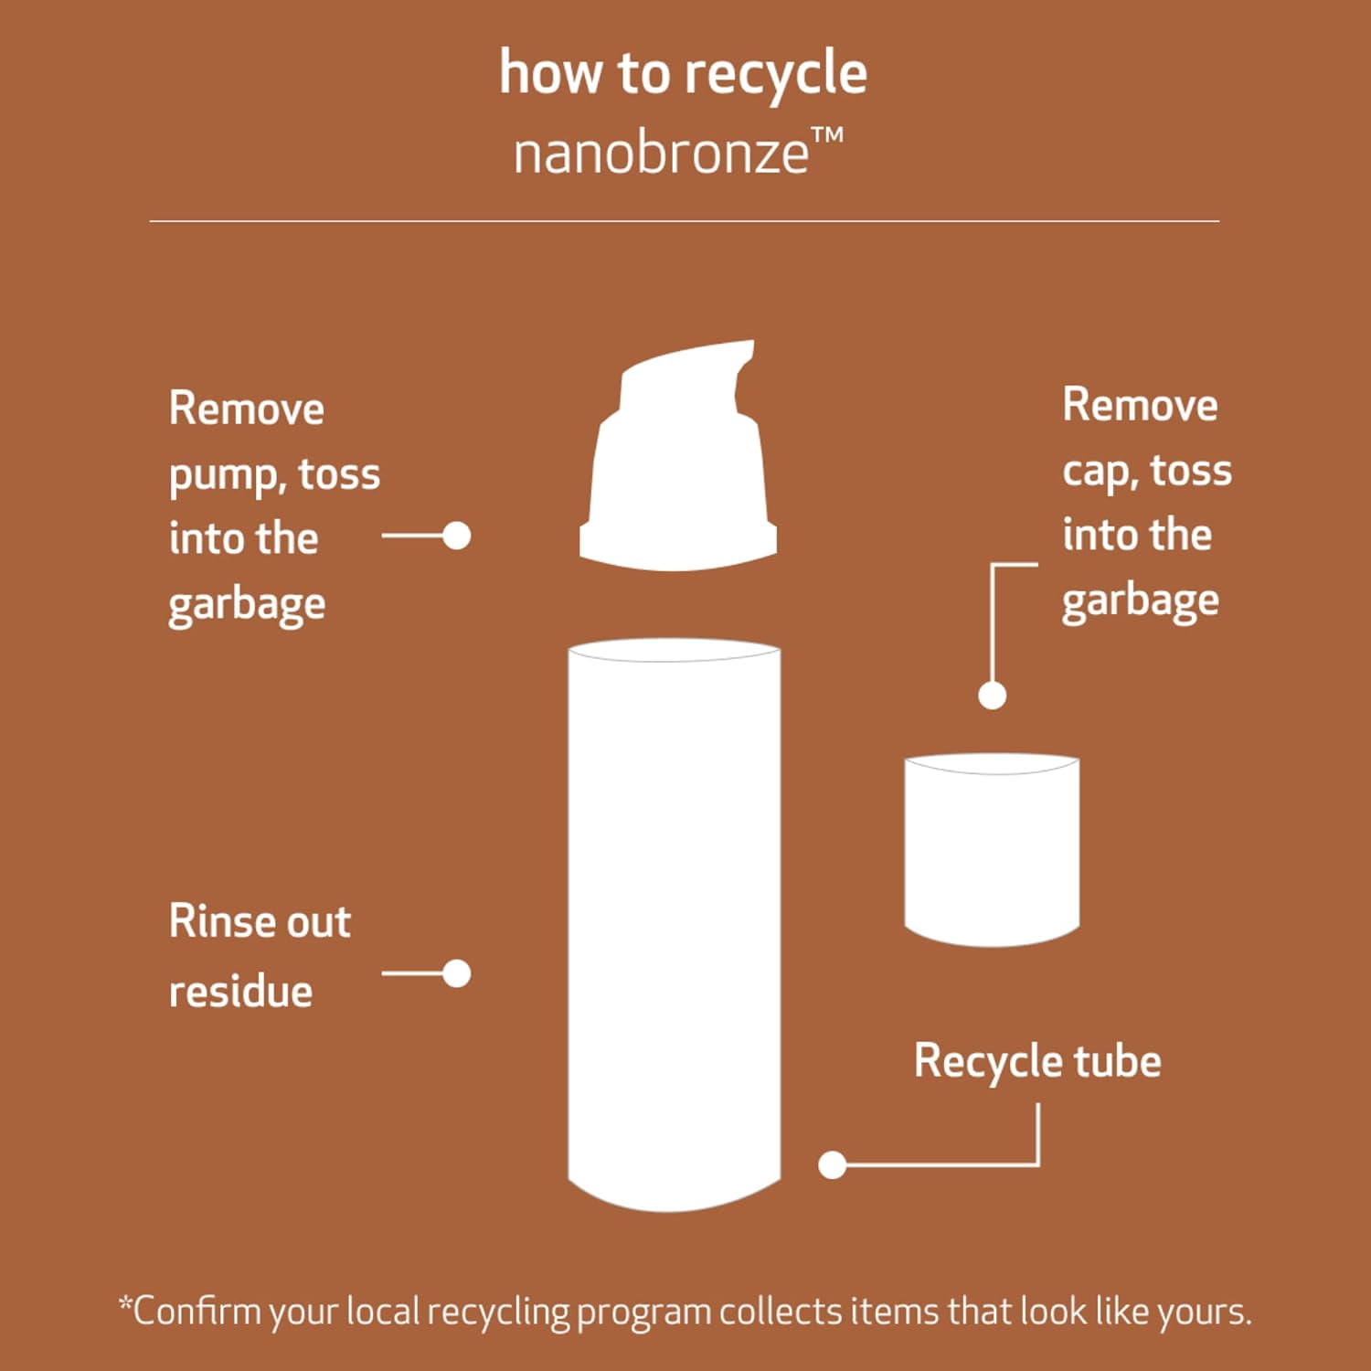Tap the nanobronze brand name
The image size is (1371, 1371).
tap(661, 154)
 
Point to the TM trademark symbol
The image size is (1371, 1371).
tap(827, 138)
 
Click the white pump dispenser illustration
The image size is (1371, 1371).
tap(678, 456)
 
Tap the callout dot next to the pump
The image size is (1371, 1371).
tap(456, 536)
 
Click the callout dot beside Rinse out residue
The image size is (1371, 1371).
tap(456, 973)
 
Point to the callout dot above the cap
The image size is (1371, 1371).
tap(992, 696)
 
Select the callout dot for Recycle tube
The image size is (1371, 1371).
tap(832, 1164)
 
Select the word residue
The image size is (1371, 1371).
tap(241, 991)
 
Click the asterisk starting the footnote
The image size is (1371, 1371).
tap(126, 1302)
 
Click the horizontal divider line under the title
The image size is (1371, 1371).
tap(685, 221)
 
